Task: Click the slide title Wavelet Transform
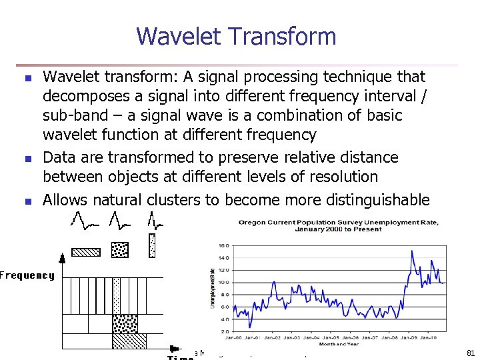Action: point(236,36)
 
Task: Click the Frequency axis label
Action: point(27,275)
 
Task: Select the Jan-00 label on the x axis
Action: point(233,338)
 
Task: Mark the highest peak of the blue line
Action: point(413,251)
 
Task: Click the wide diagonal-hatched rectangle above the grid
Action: point(86,252)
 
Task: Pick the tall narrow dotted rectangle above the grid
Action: point(152,245)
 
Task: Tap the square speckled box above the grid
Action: point(121,249)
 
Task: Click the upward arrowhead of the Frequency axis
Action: point(63,258)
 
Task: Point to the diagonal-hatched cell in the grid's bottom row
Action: point(129,340)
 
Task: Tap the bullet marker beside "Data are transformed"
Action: point(28,159)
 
